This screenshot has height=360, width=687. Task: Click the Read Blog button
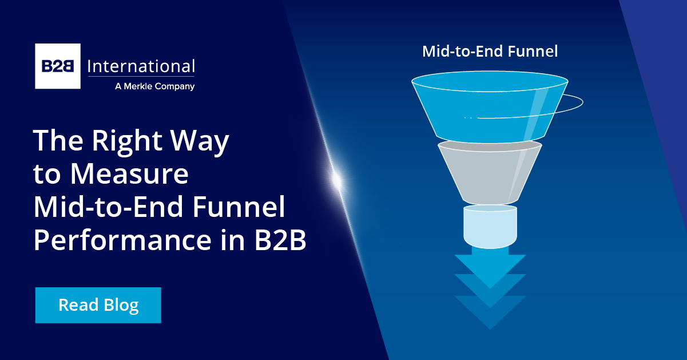[x=98, y=305]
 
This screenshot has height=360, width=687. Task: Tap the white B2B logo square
[x=58, y=66]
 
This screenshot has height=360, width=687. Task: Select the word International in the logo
[x=141, y=66]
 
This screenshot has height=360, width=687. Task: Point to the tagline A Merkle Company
[x=154, y=86]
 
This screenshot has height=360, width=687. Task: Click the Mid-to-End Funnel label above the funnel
[x=490, y=51]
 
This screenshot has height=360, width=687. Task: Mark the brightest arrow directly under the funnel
[x=490, y=266]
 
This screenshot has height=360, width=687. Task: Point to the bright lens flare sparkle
[x=337, y=181]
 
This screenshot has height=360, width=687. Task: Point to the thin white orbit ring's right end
[x=581, y=103]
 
